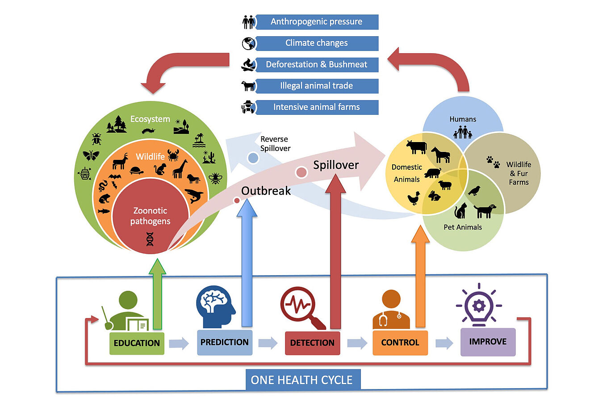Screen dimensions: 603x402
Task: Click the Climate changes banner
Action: pos(317,43)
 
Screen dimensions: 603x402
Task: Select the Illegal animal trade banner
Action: pos(317,86)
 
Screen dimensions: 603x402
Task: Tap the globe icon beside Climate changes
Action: pos(248,44)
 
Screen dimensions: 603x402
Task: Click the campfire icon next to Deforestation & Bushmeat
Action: pos(248,65)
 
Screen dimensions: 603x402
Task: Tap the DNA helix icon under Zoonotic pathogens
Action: pos(150,239)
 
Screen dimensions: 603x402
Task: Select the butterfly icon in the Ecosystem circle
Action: pos(91,155)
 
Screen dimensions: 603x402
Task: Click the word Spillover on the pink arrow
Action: pos(336,165)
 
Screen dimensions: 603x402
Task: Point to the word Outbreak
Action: pos(266,191)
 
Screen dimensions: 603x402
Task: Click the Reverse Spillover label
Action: pos(276,143)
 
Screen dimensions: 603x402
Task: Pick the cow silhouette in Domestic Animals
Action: pos(416,147)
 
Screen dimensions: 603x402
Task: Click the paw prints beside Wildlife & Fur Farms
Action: pos(493,162)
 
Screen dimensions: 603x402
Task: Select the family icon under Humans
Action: pos(462,132)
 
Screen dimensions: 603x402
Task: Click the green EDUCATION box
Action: pos(137,343)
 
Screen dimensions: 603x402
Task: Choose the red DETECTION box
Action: pos(312,343)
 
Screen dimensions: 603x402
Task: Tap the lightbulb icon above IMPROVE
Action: pos(479,305)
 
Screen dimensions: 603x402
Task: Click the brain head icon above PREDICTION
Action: pos(215,307)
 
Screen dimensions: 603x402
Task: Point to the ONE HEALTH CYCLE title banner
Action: pos(303,380)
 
